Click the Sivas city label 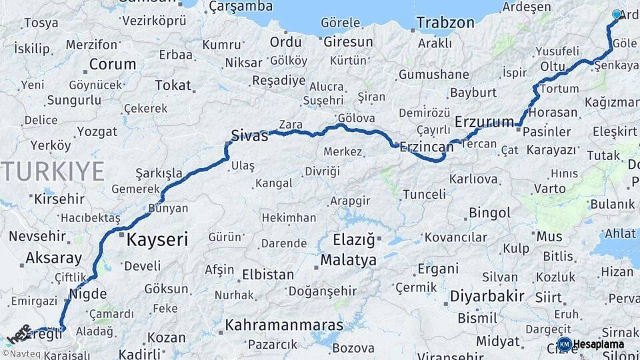click(249, 136)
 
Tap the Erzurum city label click(485, 121)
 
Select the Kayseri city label click(157, 239)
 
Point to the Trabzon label click(445, 23)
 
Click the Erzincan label click(427, 148)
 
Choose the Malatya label click(348, 260)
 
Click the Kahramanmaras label click(285, 326)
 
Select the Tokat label click(173, 85)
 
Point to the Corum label click(112, 65)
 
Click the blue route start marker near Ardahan click(617, 15)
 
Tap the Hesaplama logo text click(599, 344)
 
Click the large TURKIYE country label click(52, 171)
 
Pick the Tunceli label click(424, 194)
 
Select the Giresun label click(348, 41)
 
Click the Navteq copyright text click(21, 355)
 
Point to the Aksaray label click(53, 258)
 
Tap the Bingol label click(489, 213)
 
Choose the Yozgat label click(97, 131)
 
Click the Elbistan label click(267, 274)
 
